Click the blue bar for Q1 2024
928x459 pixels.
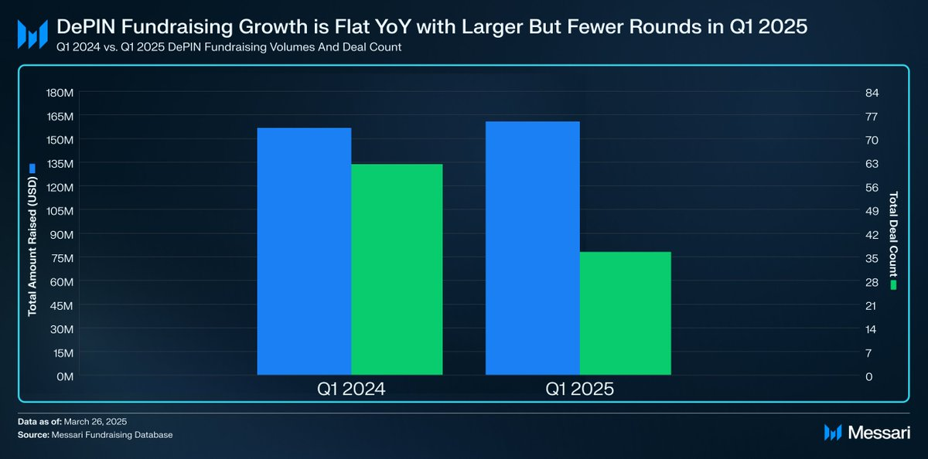pos(304,251)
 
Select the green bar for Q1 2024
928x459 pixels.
pos(397,270)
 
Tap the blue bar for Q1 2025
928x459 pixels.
pos(532,248)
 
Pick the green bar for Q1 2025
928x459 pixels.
pos(625,313)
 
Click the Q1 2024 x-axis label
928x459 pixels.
pos(351,389)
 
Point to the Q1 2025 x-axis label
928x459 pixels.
pos(579,389)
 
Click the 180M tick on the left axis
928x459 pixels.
pos(60,93)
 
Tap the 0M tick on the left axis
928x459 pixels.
pos(65,376)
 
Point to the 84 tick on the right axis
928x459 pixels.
pos(872,93)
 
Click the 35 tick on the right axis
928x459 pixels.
pos(872,258)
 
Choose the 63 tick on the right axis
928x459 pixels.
pos(872,164)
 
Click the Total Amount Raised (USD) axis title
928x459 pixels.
pos(32,246)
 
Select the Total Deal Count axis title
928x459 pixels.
pos(893,234)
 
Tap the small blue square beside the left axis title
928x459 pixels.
pos(32,168)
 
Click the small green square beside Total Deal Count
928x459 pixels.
pos(893,285)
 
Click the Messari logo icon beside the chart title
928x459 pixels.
pos(32,34)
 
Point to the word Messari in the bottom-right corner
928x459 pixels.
pos(879,433)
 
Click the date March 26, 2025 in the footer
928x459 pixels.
pos(95,422)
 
